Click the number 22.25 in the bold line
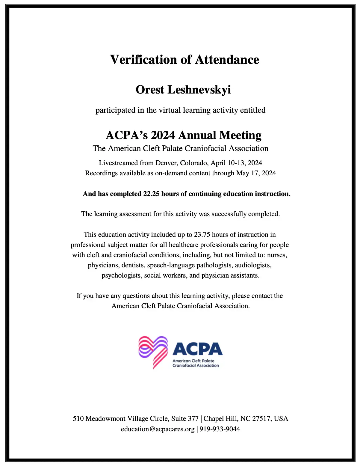[151, 194]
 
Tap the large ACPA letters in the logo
[197, 349]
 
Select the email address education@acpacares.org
[158, 429]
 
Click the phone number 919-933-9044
[220, 429]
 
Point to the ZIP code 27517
[262, 419]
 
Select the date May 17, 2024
[256, 173]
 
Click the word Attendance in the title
[227, 60]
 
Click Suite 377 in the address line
[185, 419]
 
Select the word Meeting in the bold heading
[240, 135]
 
